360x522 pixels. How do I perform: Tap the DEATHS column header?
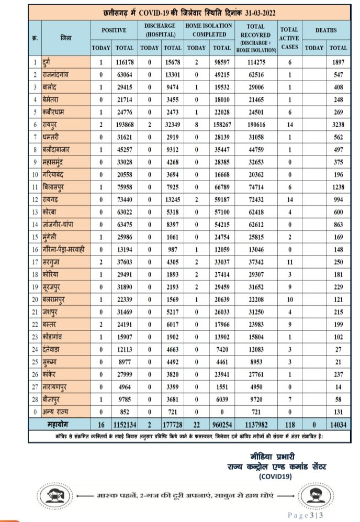326,30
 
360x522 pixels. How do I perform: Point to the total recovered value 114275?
256,62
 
